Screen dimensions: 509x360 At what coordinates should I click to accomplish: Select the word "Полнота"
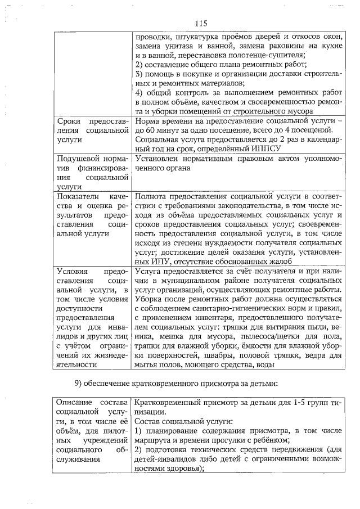pos(152,196)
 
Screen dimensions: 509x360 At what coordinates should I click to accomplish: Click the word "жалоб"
pos(278,260)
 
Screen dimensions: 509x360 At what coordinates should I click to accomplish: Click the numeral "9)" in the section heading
pos(79,384)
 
